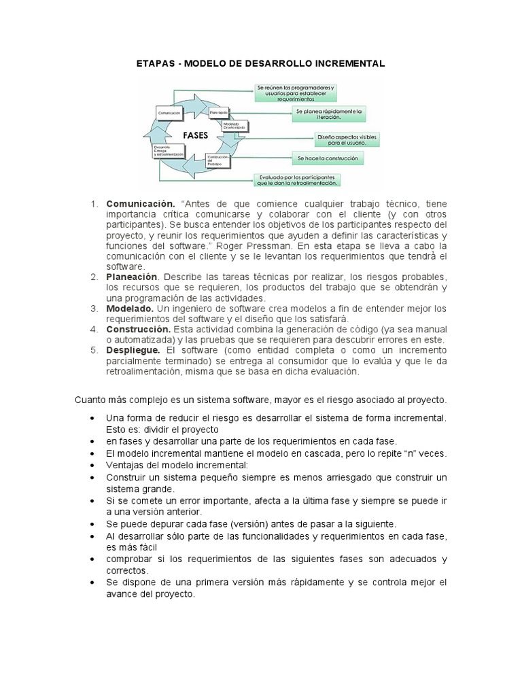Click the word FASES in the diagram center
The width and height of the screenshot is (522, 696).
pyautogui.click(x=195, y=135)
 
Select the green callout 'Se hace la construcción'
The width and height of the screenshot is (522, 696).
pyautogui.click(x=327, y=158)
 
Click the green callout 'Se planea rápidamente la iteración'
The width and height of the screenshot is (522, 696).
pyautogui.click(x=330, y=113)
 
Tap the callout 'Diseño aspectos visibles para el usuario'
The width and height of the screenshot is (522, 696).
pyautogui.click(x=345, y=140)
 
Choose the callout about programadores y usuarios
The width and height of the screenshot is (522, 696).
pyautogui.click(x=297, y=92)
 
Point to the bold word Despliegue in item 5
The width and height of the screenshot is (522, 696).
pyautogui.click(x=133, y=349)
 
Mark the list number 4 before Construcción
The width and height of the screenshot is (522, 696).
pyautogui.click(x=94, y=329)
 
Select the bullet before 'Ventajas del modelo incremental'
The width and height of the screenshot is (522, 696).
pyautogui.click(x=92, y=466)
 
